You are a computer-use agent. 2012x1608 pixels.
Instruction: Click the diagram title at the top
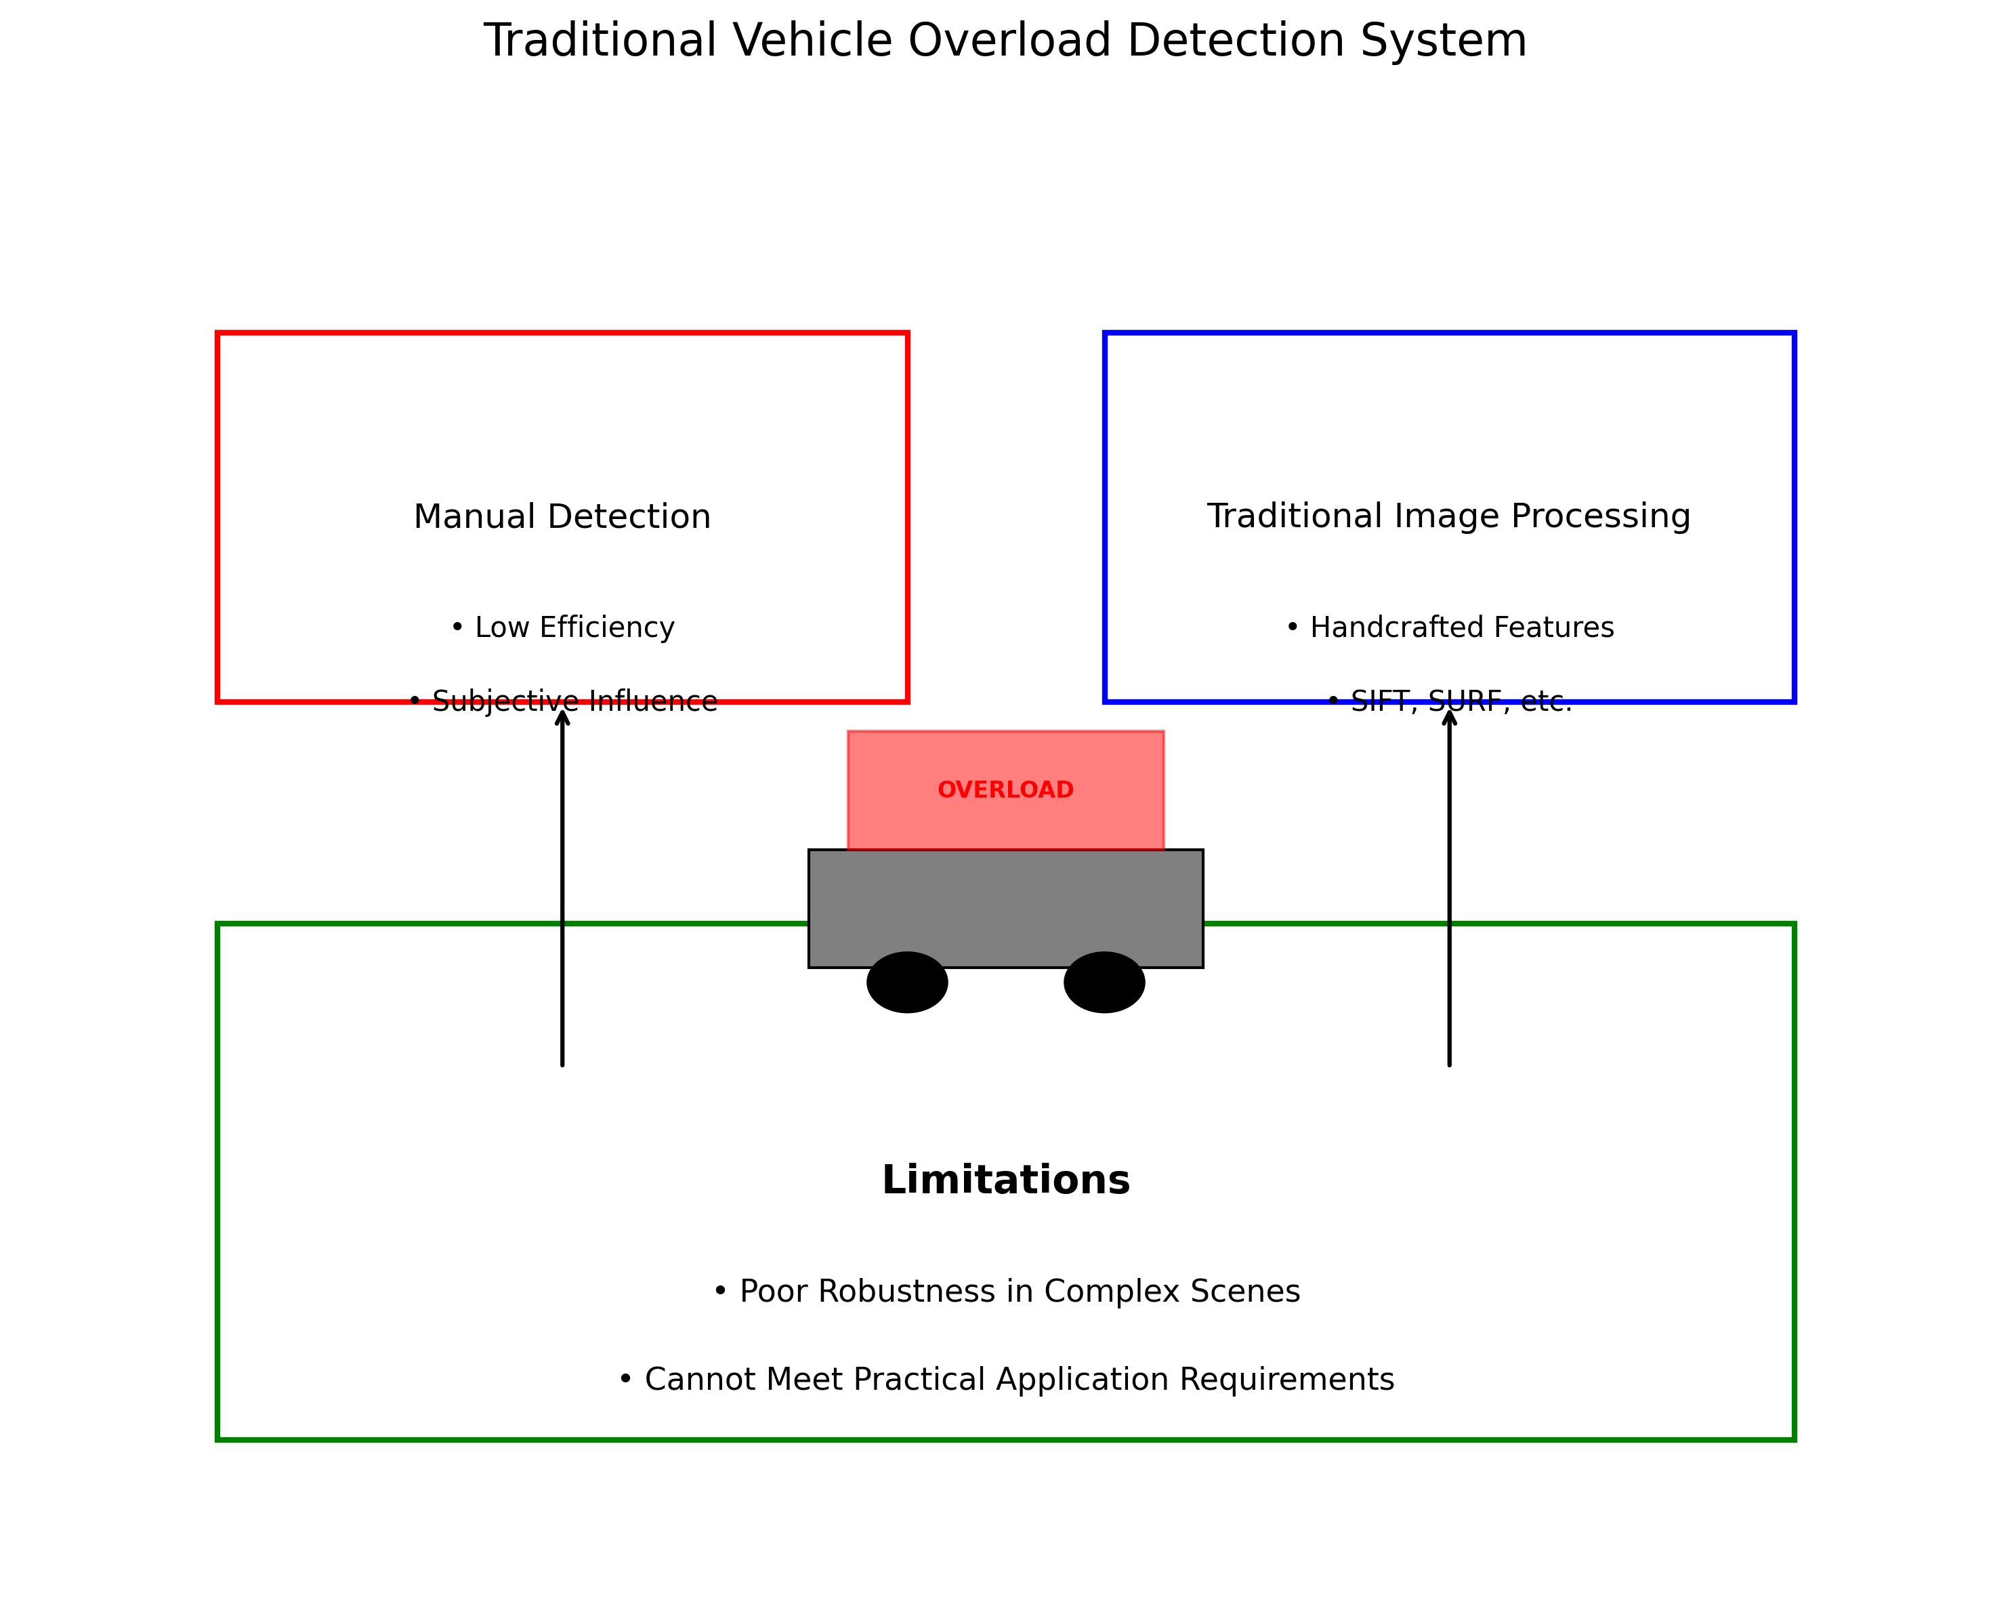tap(1005, 41)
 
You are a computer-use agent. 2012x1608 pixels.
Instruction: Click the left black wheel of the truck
tap(907, 982)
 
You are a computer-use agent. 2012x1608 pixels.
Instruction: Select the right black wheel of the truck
tap(1104, 982)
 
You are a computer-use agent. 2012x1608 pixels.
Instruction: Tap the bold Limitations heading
tap(1005, 1180)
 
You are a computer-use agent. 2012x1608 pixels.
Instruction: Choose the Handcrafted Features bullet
tap(1449, 627)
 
